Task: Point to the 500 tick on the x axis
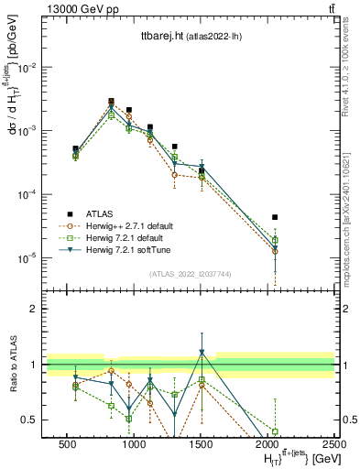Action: (66, 442)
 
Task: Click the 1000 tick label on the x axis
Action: (134, 442)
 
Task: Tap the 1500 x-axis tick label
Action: (201, 442)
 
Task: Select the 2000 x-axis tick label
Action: (267, 442)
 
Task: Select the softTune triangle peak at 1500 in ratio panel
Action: (202, 353)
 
